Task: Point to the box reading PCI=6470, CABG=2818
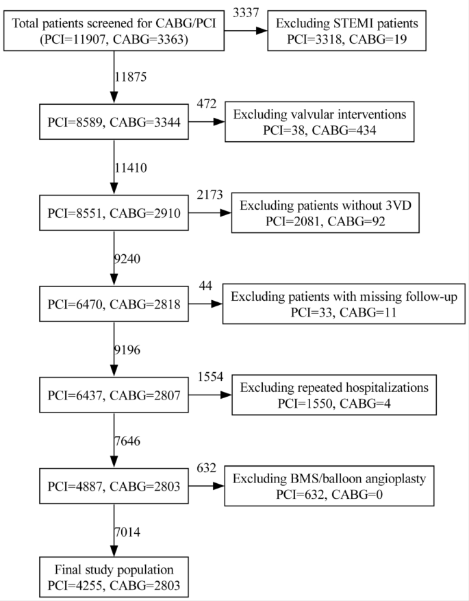point(113,305)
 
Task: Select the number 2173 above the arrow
point(210,195)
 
